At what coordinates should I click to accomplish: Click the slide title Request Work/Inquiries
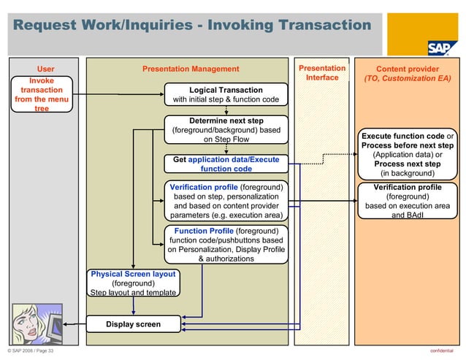[191, 26]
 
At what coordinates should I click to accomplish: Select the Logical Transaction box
[226, 95]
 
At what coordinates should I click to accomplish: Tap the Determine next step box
[226, 130]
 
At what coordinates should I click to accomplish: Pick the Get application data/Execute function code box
[226, 164]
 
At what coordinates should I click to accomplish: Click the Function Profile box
[226, 245]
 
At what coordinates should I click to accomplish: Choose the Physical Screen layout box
[133, 283]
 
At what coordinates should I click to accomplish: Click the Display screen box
[133, 324]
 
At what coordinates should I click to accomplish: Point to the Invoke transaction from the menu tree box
[42, 94]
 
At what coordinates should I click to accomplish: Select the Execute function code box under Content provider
[408, 155]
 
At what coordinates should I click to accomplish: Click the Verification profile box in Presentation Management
[226, 202]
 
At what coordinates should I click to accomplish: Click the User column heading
[45, 69]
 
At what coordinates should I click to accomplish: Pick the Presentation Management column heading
[190, 69]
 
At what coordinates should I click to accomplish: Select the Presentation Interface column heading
[322, 73]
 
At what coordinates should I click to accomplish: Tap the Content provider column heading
[408, 73]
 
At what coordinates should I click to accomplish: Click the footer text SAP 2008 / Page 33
[31, 351]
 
